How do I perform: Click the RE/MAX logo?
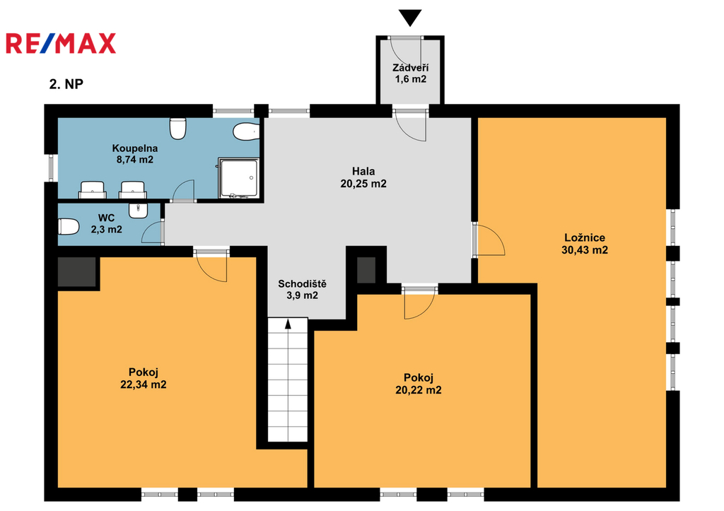tap(61, 43)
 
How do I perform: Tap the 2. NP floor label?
tap(66, 84)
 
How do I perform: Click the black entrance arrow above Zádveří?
tap(410, 18)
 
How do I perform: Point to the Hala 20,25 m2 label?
tap(363, 177)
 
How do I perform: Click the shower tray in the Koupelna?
tap(238, 178)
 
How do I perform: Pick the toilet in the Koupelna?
tap(177, 129)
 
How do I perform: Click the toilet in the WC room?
tap(69, 227)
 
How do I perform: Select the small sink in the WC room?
tap(138, 211)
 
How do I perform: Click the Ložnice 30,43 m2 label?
tap(585, 244)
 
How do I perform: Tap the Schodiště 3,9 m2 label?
tap(302, 290)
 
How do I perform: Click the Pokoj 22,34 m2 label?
tap(143, 378)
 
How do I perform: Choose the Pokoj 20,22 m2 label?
tap(419, 384)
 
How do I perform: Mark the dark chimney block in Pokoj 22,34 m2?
tap(76, 272)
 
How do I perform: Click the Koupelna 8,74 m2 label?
tap(135, 154)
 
